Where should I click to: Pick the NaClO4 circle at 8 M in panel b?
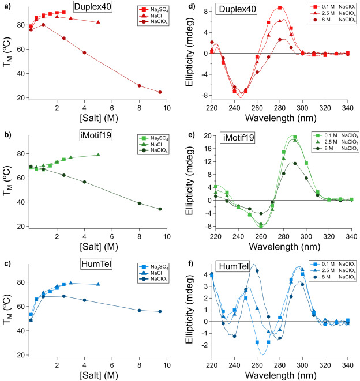[139, 203]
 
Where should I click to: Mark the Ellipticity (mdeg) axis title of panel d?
[193, 55]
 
